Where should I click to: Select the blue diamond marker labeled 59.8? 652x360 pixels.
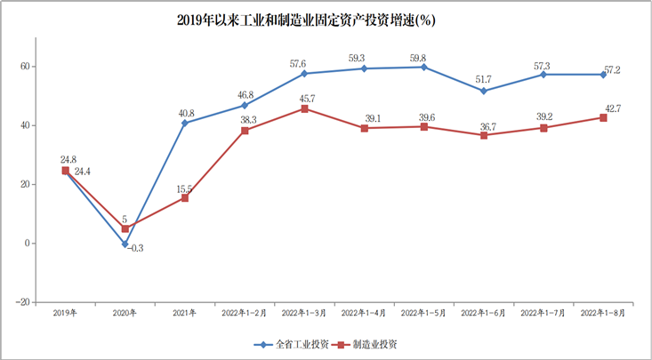[423, 67]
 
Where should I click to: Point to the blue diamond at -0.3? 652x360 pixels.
[125, 244]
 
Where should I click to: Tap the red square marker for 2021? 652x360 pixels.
[184, 197]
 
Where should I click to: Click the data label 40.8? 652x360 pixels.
[187, 113]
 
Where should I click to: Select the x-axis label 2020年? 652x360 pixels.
[125, 313]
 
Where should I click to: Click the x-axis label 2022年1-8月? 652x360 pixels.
[602, 313]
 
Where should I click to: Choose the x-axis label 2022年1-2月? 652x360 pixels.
[244, 313]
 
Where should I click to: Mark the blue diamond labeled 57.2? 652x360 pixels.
[602, 75]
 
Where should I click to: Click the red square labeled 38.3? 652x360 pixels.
[244, 131]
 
